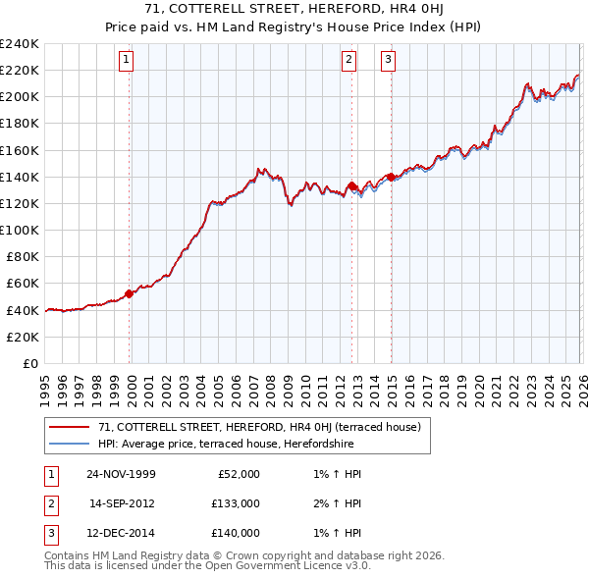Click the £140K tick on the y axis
[20, 177]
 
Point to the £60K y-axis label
[23, 283]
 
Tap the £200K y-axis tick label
[20, 96]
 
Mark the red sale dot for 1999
[130, 293]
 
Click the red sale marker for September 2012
[351, 185]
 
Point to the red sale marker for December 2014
[391, 177]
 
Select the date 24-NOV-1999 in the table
[121, 474]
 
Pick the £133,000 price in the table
[236, 503]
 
